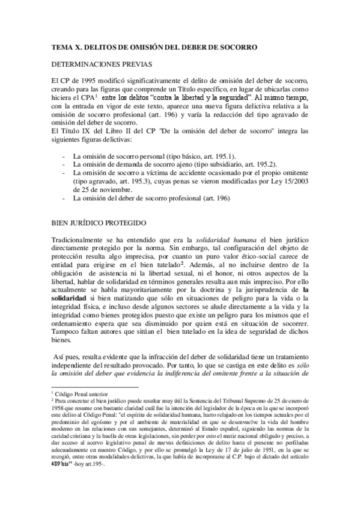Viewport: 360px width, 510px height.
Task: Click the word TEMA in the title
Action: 62,46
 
